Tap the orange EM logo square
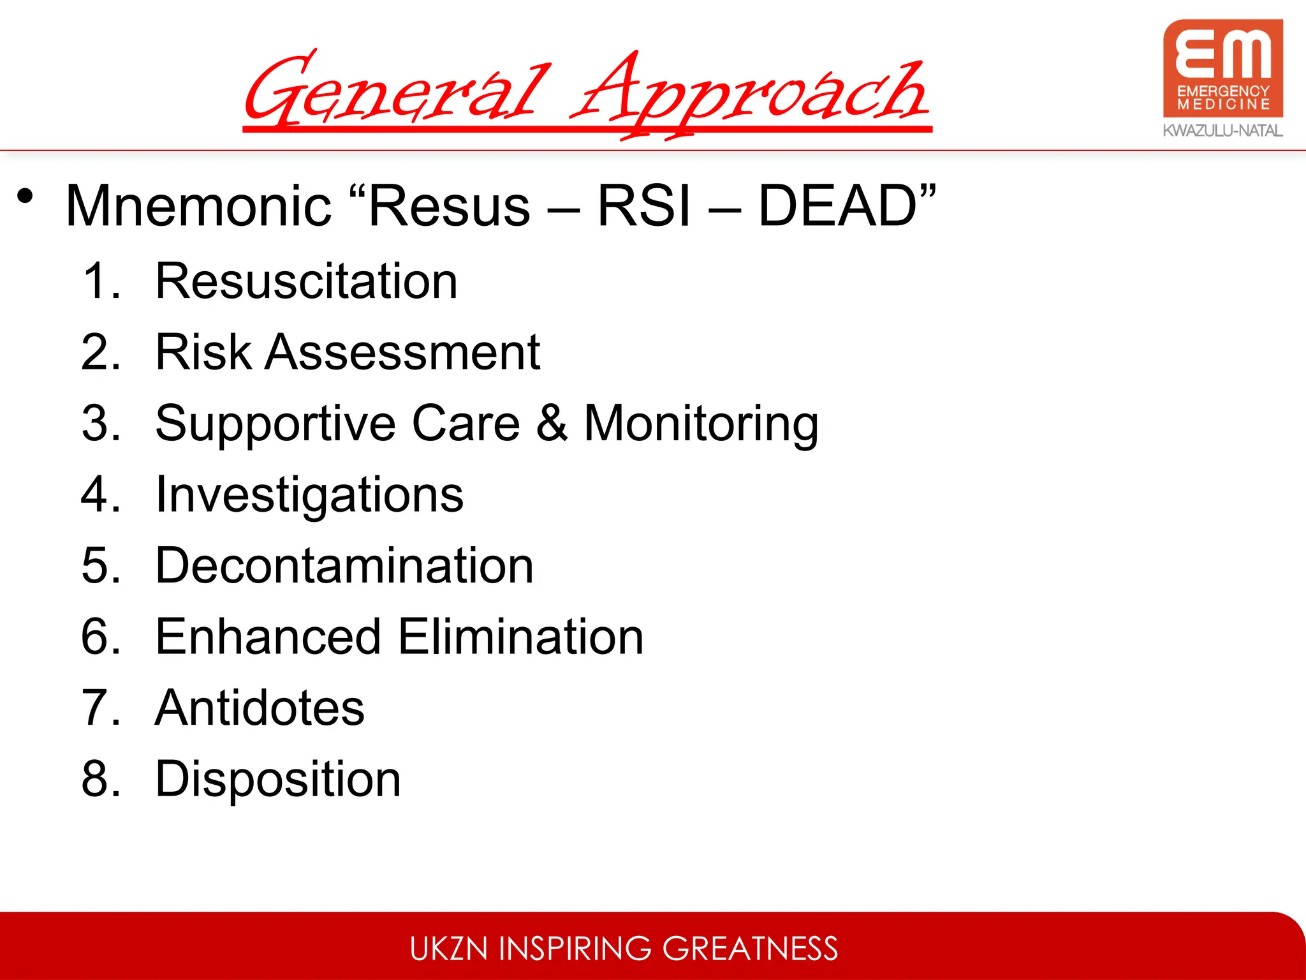1222,68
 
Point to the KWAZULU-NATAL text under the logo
1222,131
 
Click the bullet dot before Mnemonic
25,196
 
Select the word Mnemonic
198,205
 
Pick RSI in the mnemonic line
643,205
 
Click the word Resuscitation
306,281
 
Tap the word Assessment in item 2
402,352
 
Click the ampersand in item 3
552,423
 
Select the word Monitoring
701,424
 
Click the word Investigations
309,495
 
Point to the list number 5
99,566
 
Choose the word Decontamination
344,566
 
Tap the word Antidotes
260,708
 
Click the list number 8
99,779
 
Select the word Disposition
278,780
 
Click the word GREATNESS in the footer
750,948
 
